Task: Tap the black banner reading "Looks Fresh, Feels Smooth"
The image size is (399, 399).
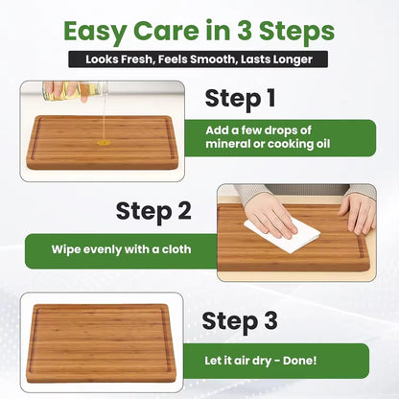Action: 199,59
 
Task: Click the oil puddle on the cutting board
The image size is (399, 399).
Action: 103,142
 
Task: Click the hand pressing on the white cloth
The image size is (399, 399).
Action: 271,215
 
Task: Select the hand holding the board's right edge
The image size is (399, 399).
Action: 357,213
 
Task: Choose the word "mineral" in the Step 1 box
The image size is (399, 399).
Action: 248,146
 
